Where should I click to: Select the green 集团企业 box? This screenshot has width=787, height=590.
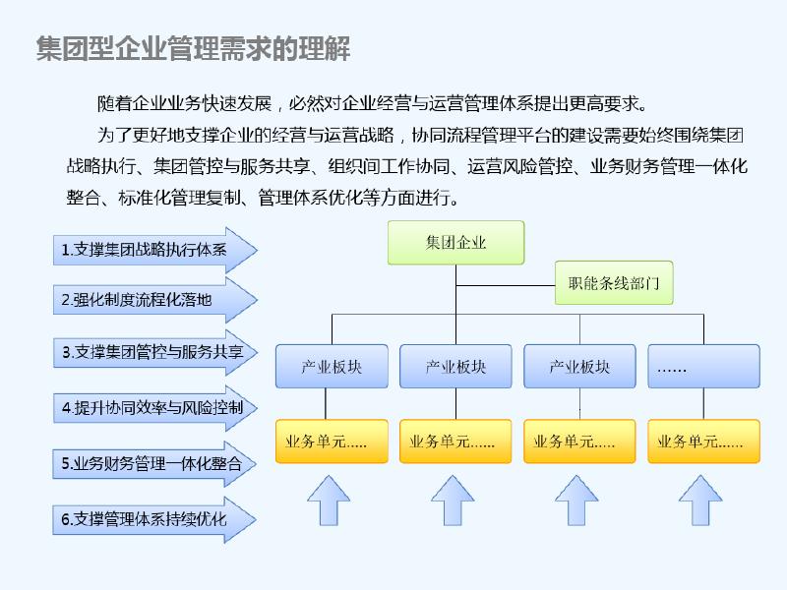click(x=455, y=243)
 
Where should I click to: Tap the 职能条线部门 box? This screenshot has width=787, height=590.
click(x=613, y=285)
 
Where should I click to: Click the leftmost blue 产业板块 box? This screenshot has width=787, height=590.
click(x=332, y=367)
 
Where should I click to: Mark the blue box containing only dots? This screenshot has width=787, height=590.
click(x=703, y=367)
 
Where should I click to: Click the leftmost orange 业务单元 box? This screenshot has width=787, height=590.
click(x=332, y=442)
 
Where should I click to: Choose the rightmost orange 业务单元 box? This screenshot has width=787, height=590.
click(x=703, y=442)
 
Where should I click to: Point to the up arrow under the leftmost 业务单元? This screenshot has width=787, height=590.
click(x=332, y=501)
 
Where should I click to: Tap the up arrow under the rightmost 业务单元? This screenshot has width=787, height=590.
click(x=703, y=501)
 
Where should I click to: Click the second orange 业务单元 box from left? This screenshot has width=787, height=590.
click(x=455, y=442)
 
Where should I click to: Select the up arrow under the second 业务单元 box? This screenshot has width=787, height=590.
click(x=455, y=501)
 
